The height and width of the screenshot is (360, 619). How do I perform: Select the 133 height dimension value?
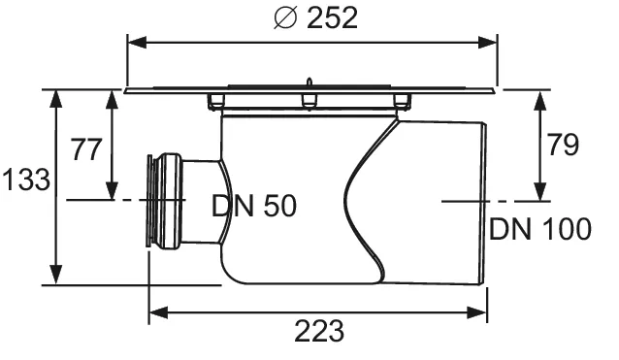pos(23,180)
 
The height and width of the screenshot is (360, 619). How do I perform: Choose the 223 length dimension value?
pos(319,331)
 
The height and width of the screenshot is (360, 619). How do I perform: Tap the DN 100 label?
pos(539,229)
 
